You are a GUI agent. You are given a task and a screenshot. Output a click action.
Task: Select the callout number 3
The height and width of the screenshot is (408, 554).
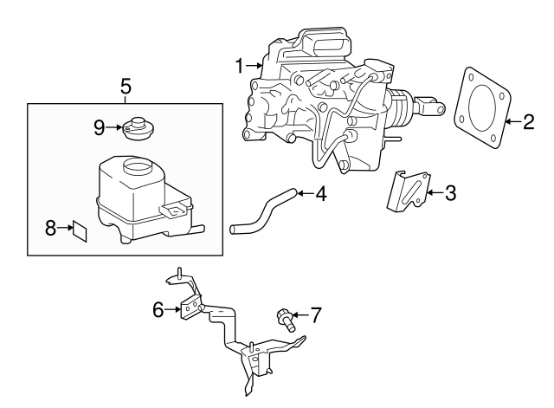point(449,192)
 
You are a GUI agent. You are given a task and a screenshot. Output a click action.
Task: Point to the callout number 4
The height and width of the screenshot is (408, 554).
point(320,194)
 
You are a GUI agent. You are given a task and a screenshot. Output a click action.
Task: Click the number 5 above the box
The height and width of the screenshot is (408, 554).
point(126,86)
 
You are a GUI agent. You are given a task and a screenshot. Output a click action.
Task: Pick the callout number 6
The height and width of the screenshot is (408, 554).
point(158,308)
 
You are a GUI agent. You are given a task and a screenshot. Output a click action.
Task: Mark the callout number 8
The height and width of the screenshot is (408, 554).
point(50,228)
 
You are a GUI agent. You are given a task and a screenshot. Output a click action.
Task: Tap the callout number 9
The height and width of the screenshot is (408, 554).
point(99,127)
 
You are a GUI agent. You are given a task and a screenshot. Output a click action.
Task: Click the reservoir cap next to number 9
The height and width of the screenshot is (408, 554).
point(136,128)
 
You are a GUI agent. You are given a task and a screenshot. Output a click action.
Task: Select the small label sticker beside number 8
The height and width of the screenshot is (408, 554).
point(80,230)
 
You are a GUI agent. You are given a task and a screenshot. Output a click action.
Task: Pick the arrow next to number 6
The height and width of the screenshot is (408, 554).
point(172,308)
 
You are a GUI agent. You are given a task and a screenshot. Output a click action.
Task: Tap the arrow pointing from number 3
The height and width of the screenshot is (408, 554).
point(433,192)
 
